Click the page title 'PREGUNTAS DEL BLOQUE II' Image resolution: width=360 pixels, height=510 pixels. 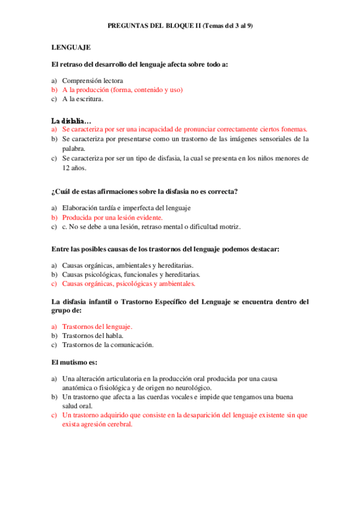click(154, 26)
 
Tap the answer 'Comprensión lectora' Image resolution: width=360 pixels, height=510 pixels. click(93, 80)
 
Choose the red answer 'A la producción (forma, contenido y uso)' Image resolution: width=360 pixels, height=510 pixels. click(122, 90)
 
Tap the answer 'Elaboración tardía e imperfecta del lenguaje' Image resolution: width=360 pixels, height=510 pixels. click(126, 208)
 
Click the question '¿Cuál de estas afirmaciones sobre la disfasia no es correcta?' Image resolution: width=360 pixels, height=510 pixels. click(144, 191)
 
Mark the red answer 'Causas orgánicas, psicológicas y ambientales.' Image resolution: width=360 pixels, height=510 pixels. click(129, 284)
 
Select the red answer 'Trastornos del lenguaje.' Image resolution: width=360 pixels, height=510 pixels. click(97, 327)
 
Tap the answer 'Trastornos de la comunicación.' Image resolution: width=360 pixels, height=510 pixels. click(108, 345)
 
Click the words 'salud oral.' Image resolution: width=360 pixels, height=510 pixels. click(78, 406)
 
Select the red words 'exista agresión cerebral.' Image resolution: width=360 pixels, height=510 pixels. click(97, 424)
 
